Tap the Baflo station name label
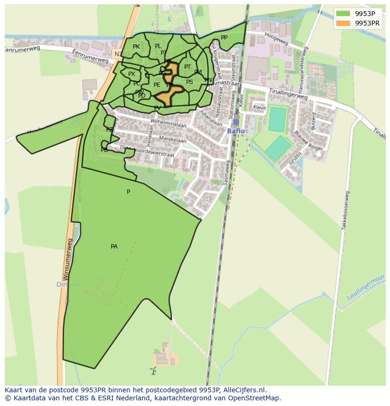[236, 131]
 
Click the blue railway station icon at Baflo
[236, 122]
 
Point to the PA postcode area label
[114, 247]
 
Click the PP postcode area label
[224, 38]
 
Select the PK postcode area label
[136, 47]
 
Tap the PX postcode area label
[131, 74]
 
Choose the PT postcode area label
[187, 67]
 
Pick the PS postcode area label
[189, 82]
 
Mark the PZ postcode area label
[109, 130]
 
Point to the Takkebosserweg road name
[346, 210]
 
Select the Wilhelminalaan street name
[168, 124]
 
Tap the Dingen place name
[68, 285]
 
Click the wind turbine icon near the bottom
[153, 371]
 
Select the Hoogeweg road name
[276, 36]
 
